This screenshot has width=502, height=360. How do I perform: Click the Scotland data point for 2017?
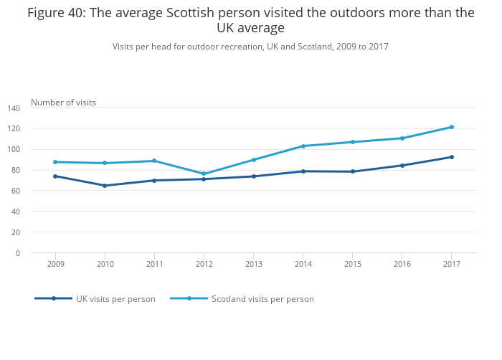click(451, 127)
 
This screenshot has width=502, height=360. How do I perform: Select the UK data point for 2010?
click(105, 186)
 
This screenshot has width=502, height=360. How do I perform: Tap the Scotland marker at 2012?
click(204, 174)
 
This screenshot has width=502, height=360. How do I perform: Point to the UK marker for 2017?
click(451, 157)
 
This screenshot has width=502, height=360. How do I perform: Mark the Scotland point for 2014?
click(303, 146)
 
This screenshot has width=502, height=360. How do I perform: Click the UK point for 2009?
click(55, 176)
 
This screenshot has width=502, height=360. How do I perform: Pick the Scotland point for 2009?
click(55, 162)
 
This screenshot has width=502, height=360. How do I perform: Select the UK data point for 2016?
click(402, 166)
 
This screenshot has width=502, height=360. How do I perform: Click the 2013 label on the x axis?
click(253, 265)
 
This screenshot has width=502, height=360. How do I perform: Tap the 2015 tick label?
click(352, 265)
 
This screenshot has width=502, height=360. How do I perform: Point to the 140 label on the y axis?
click(14, 108)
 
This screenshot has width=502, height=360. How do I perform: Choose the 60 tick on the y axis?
click(16, 191)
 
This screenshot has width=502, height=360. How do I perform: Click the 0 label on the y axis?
click(18, 253)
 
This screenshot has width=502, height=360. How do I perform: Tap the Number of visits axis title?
click(63, 103)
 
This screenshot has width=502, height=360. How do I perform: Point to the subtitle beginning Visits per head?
click(250, 47)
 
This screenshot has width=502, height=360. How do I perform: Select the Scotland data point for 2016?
click(402, 138)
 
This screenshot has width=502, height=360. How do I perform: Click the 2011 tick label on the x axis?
click(154, 265)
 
